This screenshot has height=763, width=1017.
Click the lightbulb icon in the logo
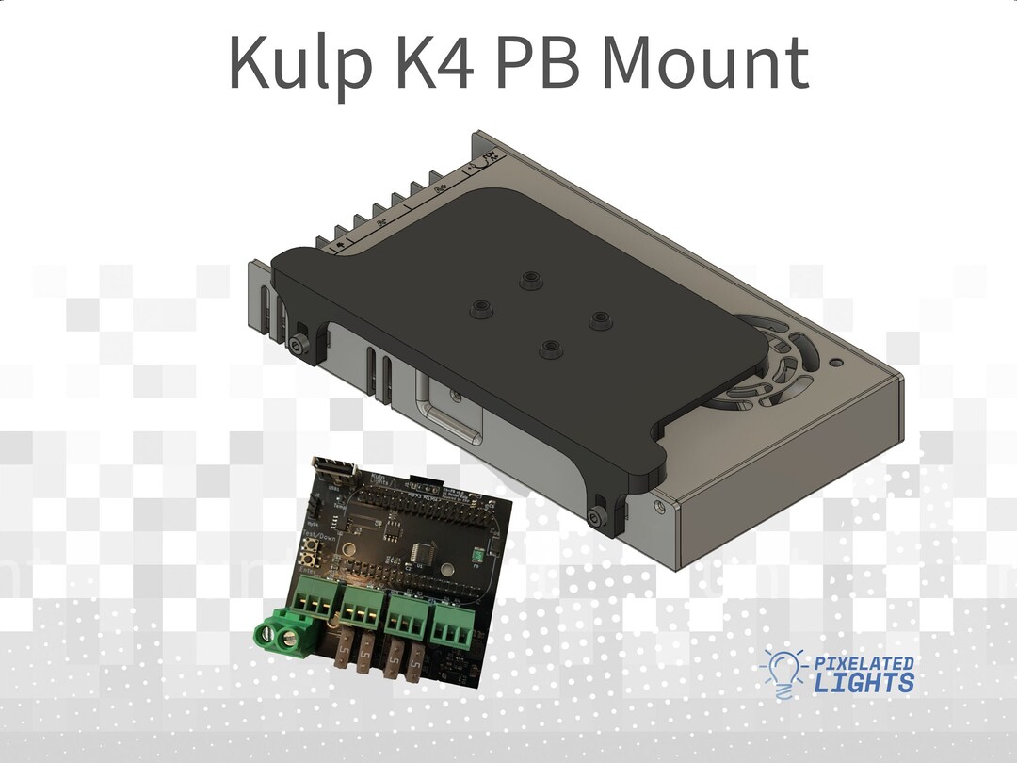[x=783, y=672]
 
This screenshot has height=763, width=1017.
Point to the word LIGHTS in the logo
[x=865, y=683]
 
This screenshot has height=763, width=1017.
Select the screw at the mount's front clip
[x=594, y=517]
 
